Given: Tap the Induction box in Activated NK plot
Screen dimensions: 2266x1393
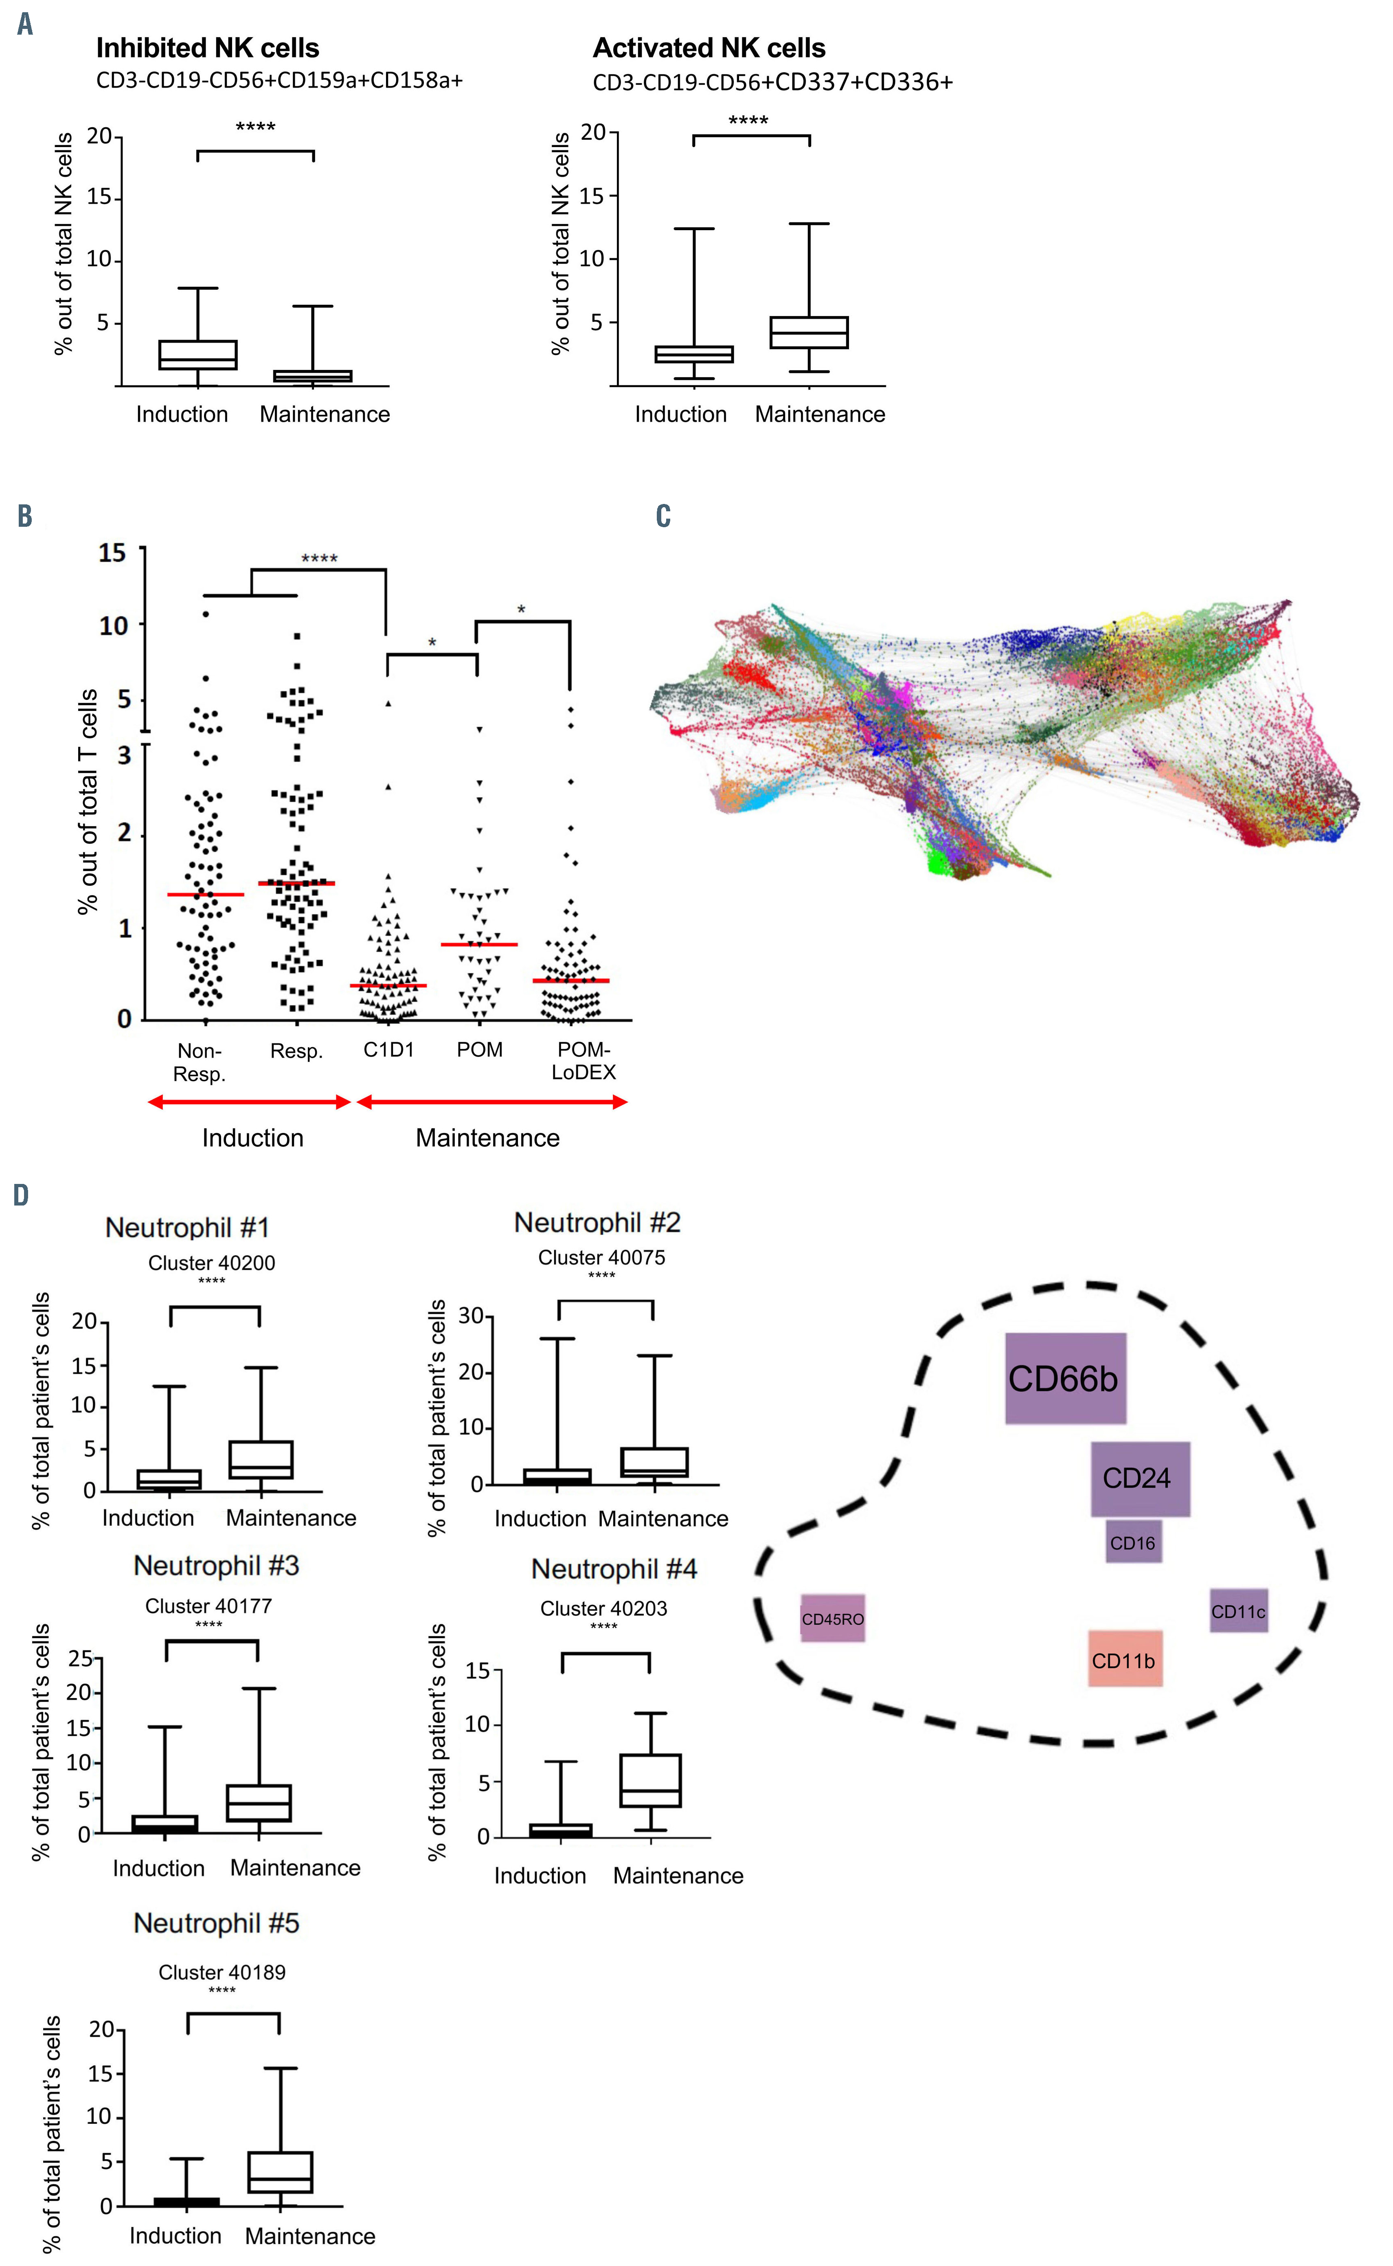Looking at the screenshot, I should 694,354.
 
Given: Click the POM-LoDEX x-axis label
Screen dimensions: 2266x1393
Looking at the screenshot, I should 583,1060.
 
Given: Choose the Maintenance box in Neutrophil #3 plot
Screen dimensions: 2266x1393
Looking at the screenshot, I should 259,1802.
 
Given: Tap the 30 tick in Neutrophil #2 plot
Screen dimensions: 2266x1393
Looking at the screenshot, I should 471,1316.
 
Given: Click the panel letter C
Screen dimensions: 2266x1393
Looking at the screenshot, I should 663,516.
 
